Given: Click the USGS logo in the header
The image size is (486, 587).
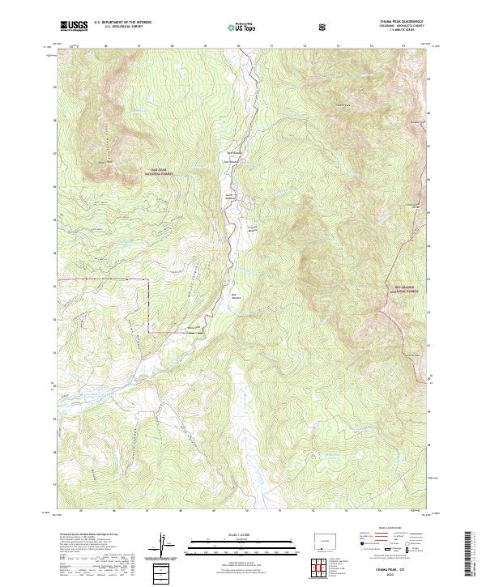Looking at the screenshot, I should point(74,27).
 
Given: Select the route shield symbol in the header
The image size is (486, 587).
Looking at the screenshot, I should point(324,27).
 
